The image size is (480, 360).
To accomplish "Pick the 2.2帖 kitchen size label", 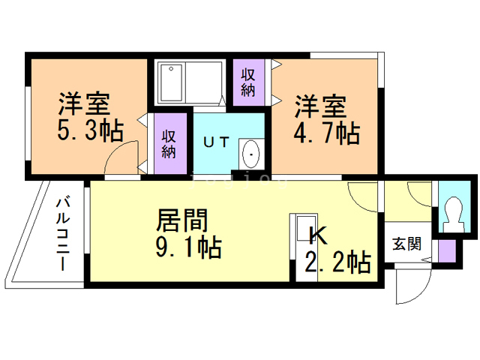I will [337, 262].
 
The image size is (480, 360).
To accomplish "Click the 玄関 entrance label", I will [406, 244].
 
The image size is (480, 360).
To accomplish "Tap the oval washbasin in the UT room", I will [250, 154].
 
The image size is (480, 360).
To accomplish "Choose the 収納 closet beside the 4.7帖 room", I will [247, 82].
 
